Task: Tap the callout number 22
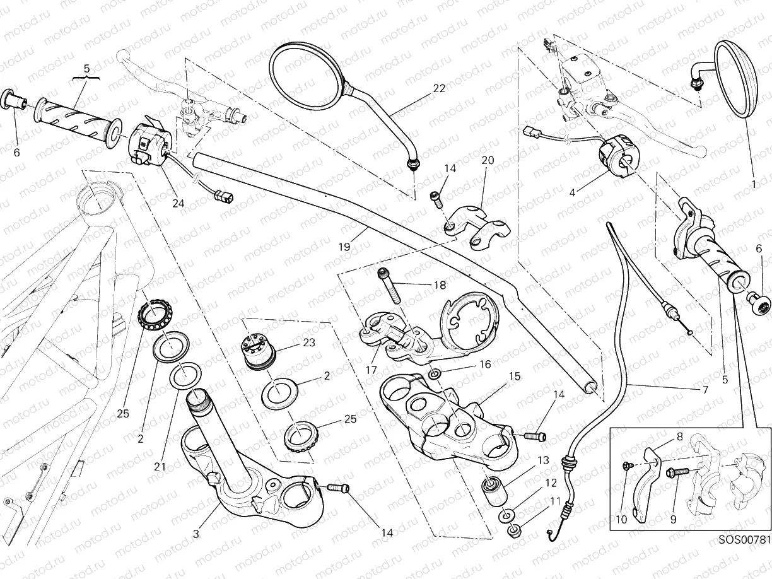coord(439,88)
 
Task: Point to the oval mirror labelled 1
coord(736,79)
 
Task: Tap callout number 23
coord(309,343)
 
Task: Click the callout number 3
coord(196,534)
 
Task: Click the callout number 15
coord(514,376)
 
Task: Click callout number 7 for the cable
coord(705,390)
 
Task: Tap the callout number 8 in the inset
coord(679,436)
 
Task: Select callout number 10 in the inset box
coord(621,520)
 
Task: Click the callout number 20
coord(488,161)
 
